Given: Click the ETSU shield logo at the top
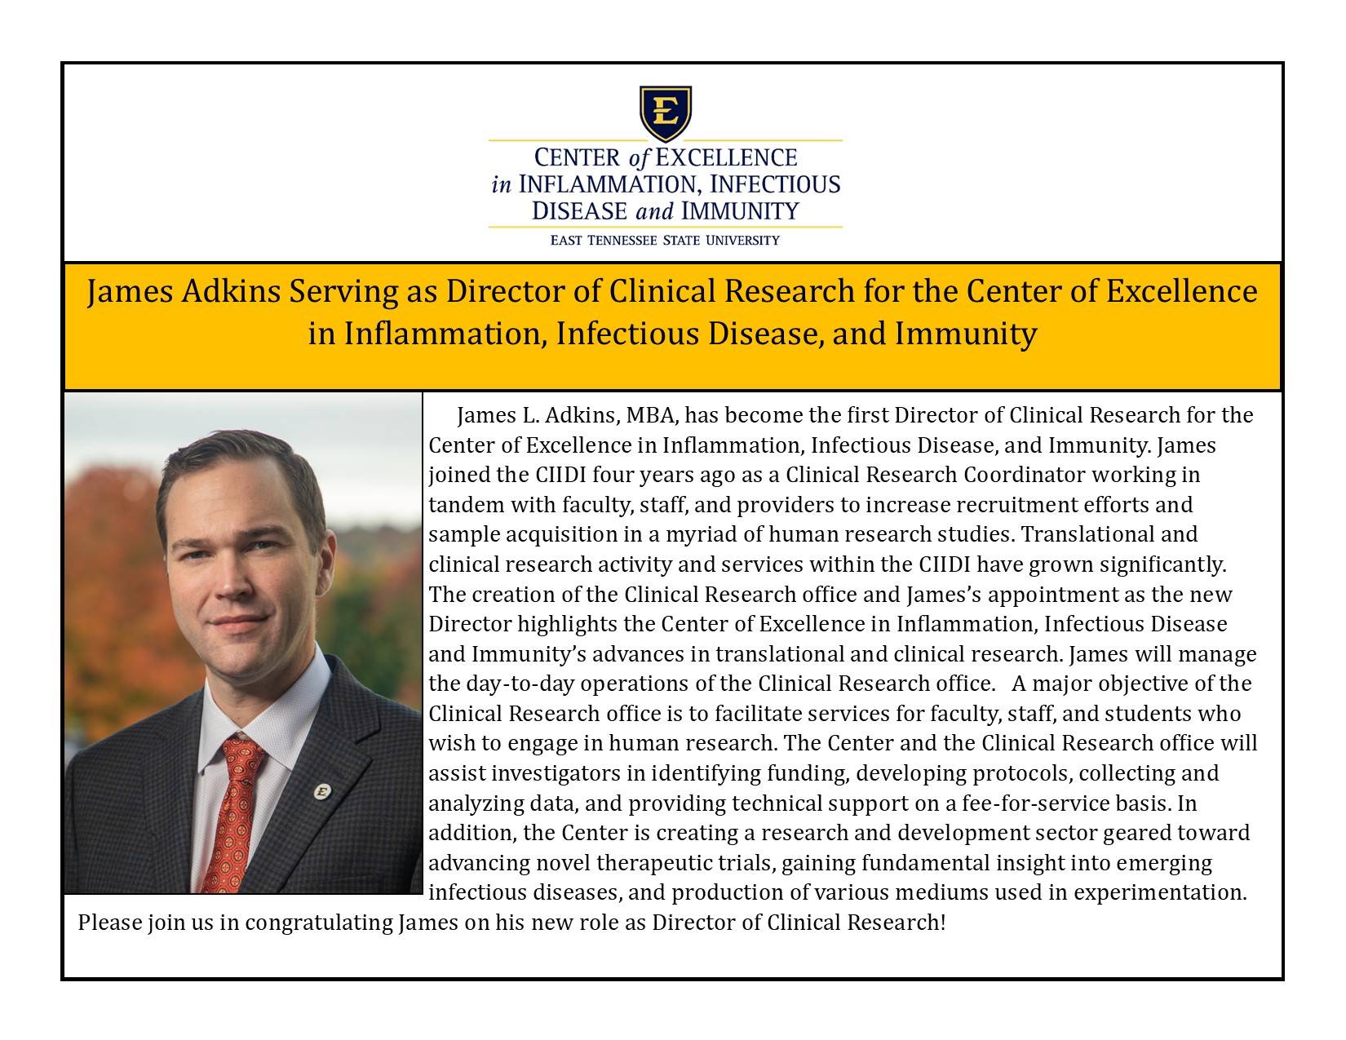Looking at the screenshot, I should (x=666, y=113).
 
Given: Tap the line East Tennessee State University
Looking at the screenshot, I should (x=665, y=240).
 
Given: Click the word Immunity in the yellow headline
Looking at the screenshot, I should (x=966, y=334).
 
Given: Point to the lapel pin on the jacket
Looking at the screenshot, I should (x=322, y=790).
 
